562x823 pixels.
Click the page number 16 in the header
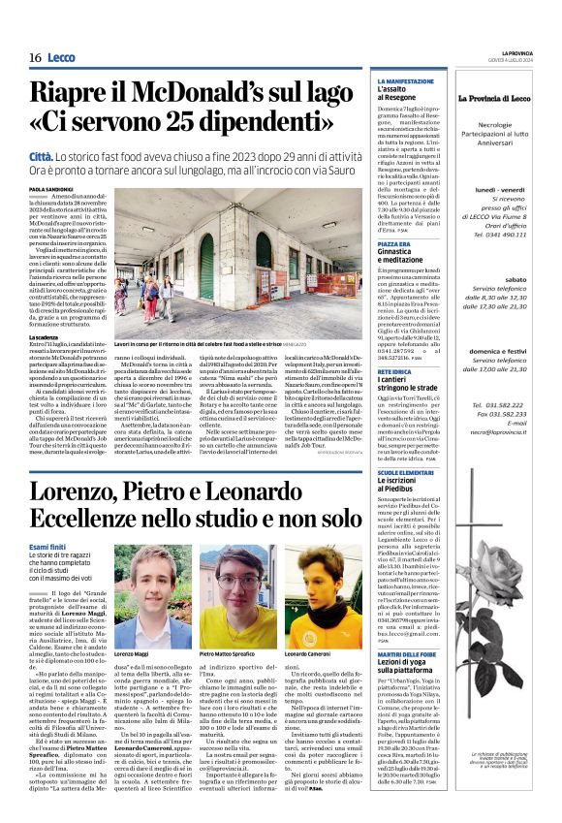pos(35,58)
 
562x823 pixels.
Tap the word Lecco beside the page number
pos(61,58)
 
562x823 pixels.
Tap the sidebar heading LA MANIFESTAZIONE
pos(406,81)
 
